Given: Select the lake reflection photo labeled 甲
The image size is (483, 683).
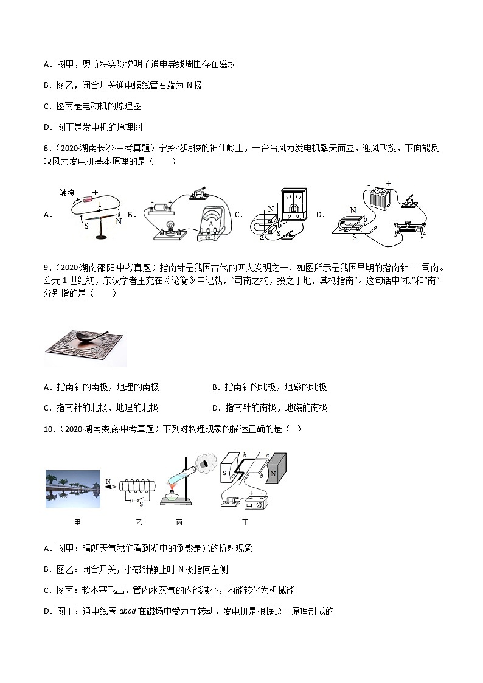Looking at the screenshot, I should [73, 488].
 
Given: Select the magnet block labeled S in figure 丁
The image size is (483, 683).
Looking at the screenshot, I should [227, 472].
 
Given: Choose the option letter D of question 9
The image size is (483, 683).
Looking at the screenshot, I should [215, 407].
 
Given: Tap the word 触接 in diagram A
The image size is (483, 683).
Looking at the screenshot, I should [67, 193].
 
